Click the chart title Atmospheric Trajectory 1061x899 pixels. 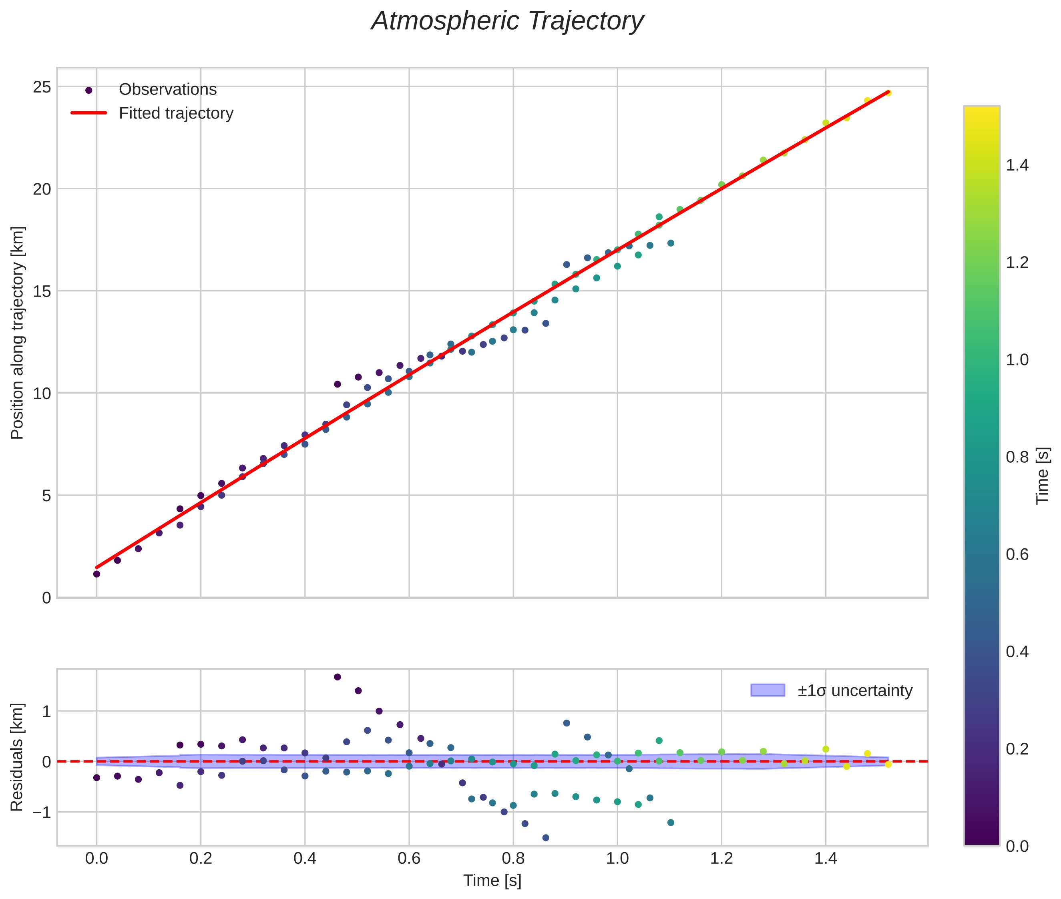point(507,21)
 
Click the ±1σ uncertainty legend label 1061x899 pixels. point(854,690)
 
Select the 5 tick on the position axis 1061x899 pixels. point(46,496)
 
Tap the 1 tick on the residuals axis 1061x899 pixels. point(46,711)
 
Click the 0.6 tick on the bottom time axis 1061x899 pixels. point(409,859)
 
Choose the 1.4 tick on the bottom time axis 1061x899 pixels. point(826,859)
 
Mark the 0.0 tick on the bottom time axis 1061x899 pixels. point(96,859)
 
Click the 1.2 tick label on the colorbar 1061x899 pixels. point(1017,263)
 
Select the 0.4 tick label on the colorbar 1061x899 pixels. point(1017,652)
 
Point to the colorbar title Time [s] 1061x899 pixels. point(1043,476)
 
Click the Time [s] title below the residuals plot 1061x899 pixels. point(492,881)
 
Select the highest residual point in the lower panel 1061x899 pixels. point(337,677)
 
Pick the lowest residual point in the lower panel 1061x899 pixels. point(546,837)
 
